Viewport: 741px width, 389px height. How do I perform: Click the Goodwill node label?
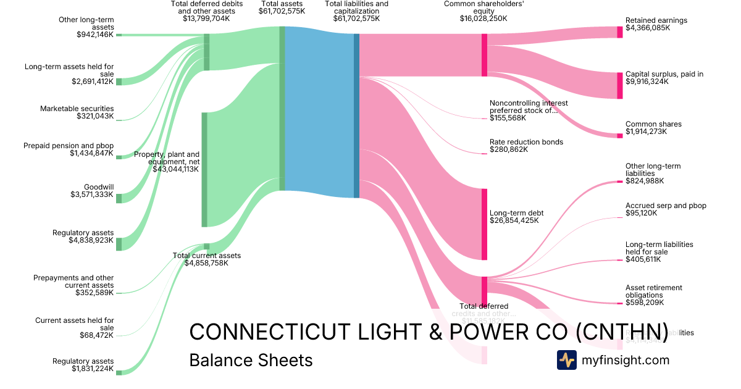tap(99, 186)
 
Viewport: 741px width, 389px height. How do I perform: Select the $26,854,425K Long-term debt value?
tap(517, 220)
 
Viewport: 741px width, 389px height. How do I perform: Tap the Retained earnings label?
tap(656, 20)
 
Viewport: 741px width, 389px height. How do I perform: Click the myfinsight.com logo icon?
tap(566, 360)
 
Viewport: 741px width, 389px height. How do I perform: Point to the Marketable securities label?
tap(77, 109)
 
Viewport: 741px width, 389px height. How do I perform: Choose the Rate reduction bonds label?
tap(526, 142)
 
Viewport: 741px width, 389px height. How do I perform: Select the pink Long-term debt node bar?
tap(484, 224)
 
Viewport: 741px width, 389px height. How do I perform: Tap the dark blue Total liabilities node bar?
tap(356, 115)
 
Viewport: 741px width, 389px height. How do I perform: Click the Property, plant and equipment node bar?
tap(204, 169)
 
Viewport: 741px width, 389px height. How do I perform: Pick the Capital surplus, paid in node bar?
tap(619, 85)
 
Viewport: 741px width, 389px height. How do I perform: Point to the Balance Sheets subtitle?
tap(251, 360)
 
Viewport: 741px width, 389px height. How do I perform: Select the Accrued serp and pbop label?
tap(666, 206)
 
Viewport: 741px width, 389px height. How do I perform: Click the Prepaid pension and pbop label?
tap(69, 146)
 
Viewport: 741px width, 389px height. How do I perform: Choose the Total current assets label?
tap(206, 256)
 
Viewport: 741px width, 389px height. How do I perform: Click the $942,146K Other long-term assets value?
tap(95, 35)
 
